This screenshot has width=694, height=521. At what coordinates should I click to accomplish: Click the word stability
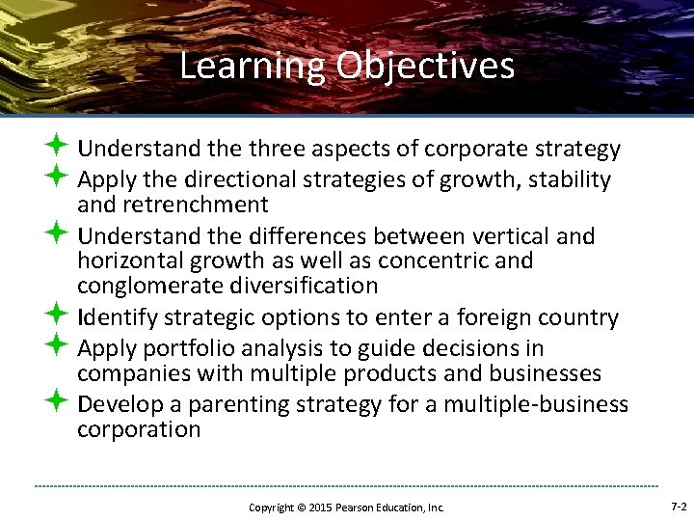click(568, 179)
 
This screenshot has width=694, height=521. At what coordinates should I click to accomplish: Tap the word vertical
click(541, 236)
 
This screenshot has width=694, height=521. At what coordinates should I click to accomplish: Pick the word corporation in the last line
click(139, 429)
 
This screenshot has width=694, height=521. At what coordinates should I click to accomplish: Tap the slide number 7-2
click(678, 507)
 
